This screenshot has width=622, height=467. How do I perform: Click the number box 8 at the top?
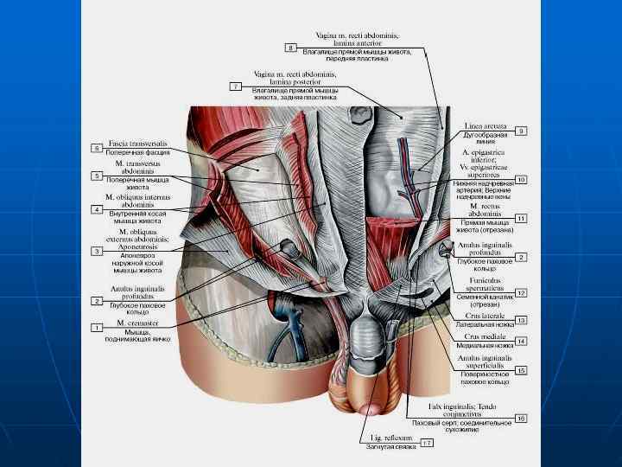290,46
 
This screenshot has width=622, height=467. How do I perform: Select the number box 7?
235,86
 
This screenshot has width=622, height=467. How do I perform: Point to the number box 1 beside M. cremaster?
97,328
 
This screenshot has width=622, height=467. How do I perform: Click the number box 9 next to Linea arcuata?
521,131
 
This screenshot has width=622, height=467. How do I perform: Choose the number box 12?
521,293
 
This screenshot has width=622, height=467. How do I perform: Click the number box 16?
521,418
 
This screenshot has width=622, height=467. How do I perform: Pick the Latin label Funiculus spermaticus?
477,283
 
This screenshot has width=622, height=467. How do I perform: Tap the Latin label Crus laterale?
482,317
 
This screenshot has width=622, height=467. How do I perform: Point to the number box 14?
521,341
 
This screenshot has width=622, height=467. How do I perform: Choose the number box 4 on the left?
97,209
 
